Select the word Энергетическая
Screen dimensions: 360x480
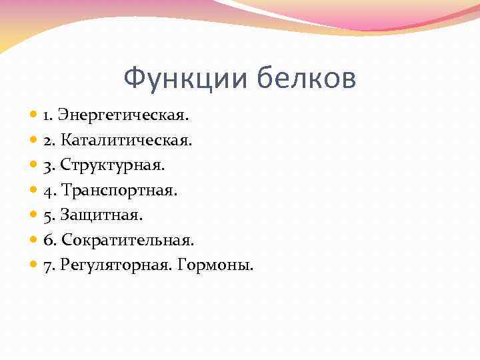pyautogui.click(x=123, y=115)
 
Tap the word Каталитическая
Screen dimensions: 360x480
pyautogui.click(x=127, y=141)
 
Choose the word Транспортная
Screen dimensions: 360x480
pyautogui.click(x=119, y=191)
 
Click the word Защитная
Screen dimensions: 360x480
pyautogui.click(x=101, y=215)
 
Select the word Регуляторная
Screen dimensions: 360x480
pyautogui.click(x=115, y=266)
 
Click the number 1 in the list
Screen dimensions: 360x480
pyautogui.click(x=47, y=115)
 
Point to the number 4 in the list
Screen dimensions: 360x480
pyautogui.click(x=47, y=191)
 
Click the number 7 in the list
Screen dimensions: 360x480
pyautogui.click(x=47, y=266)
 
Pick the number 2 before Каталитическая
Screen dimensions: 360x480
pyautogui.click(x=47, y=141)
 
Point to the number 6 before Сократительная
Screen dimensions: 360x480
pyautogui.click(x=47, y=241)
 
